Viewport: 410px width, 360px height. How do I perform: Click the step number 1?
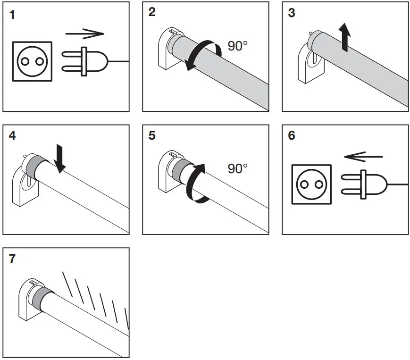12,15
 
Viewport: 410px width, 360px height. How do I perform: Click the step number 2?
152,12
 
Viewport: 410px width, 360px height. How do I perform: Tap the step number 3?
291,13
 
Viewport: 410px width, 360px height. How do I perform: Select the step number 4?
13,136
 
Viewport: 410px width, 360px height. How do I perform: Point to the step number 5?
152,136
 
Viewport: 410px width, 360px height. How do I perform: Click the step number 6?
291,136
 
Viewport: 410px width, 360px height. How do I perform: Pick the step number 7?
13,259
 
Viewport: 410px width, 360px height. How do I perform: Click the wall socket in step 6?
311,184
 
